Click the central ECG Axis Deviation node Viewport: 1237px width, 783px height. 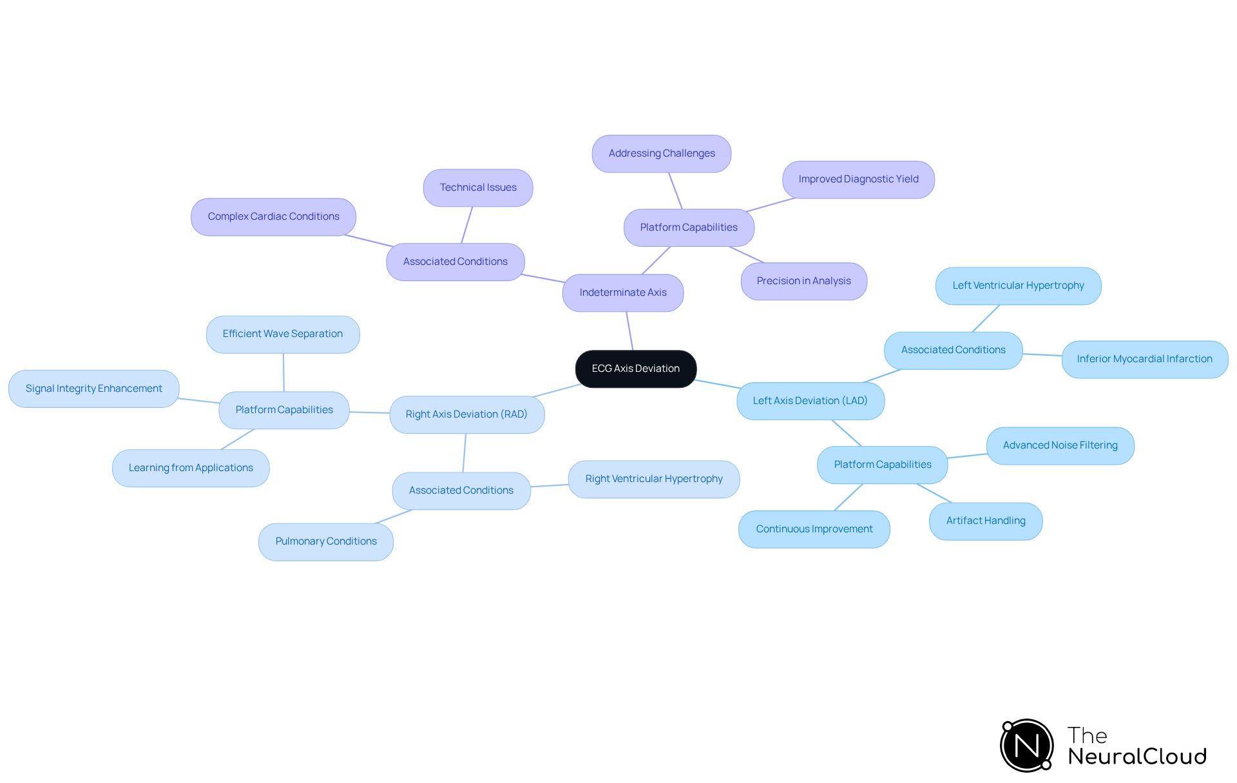pos(635,369)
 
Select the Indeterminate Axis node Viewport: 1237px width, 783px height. pos(622,293)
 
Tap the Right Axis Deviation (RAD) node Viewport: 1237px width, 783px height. pos(466,414)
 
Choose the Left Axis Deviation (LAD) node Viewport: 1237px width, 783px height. pos(810,401)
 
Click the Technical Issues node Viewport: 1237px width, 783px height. pos(478,188)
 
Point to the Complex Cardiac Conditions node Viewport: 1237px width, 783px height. pos(273,217)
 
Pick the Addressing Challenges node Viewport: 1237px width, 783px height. pos(661,153)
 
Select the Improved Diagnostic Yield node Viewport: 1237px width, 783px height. pos(858,179)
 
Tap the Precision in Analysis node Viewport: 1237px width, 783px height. pos(803,281)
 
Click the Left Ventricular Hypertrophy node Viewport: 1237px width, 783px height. pos(1018,285)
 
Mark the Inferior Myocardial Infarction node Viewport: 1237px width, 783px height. pos(1144,359)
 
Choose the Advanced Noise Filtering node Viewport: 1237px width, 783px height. pos(1060,445)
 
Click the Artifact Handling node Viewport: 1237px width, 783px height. pos(985,521)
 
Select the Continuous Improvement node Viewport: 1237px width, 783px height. pos(814,529)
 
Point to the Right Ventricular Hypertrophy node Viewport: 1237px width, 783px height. pos(653,479)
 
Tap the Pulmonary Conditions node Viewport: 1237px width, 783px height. pos(325,541)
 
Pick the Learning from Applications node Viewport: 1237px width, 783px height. pos(191,468)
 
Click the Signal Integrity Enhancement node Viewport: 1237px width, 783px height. pos(94,389)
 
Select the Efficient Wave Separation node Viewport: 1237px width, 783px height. pos(282,334)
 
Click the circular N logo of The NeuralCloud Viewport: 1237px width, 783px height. pos(1026,746)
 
